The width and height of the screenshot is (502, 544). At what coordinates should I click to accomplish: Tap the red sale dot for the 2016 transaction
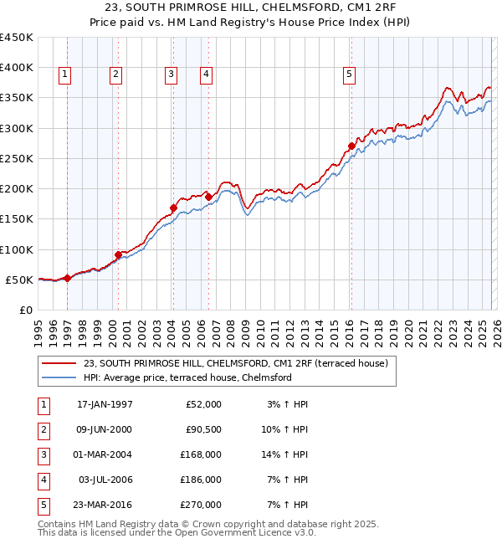(x=351, y=146)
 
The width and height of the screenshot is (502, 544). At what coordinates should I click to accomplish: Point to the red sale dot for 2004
(x=173, y=208)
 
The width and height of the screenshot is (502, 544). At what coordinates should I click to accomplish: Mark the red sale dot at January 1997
(x=68, y=278)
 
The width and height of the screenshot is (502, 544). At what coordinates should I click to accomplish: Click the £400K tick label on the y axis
(x=16, y=68)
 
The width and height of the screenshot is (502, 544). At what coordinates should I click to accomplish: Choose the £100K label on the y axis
(x=16, y=249)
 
